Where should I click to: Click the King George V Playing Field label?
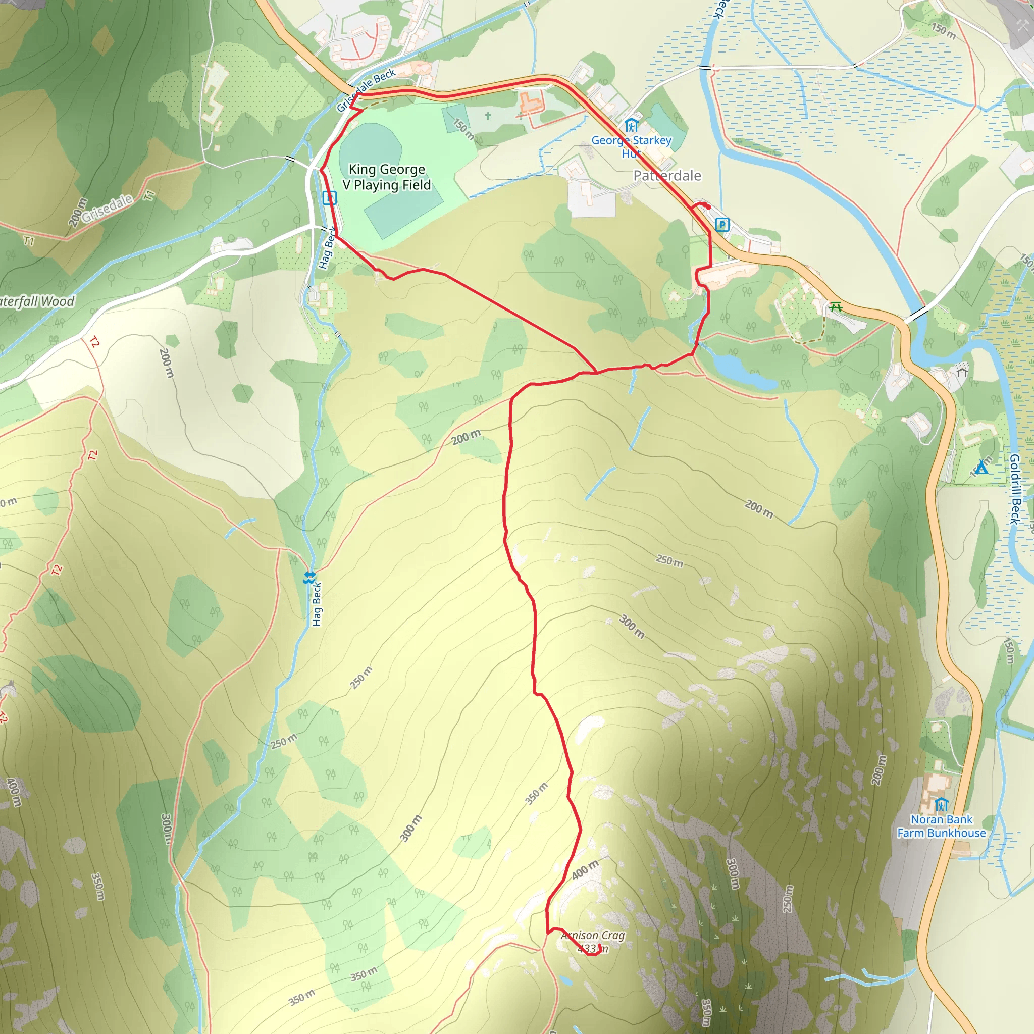(387, 177)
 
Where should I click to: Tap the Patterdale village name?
(667, 176)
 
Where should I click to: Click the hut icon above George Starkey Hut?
(632, 126)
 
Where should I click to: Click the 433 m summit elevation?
(592, 948)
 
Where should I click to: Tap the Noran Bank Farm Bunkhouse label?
(942, 826)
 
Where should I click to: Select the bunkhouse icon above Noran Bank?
(942, 804)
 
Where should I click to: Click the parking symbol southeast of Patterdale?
(722, 225)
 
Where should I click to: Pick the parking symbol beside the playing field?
(329, 198)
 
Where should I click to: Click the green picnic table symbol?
(836, 306)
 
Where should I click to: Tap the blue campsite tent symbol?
(981, 469)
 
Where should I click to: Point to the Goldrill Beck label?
(1014, 489)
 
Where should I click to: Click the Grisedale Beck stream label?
(366, 89)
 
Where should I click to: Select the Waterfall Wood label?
(36, 302)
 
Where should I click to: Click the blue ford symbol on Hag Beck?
(309, 578)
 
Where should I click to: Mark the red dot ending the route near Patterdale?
(707, 206)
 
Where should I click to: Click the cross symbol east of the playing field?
(488, 116)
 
